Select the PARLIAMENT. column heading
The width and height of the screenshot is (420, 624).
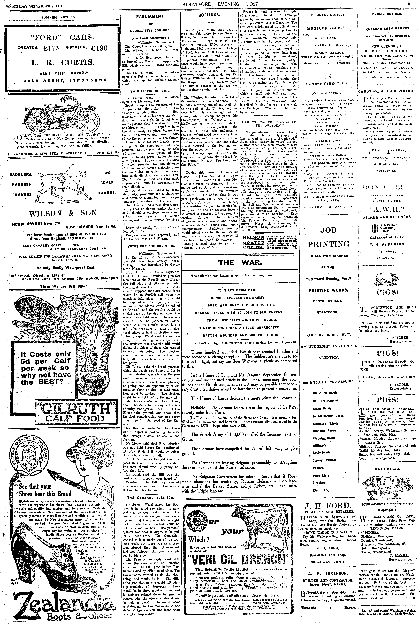(x=150, y=16)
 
